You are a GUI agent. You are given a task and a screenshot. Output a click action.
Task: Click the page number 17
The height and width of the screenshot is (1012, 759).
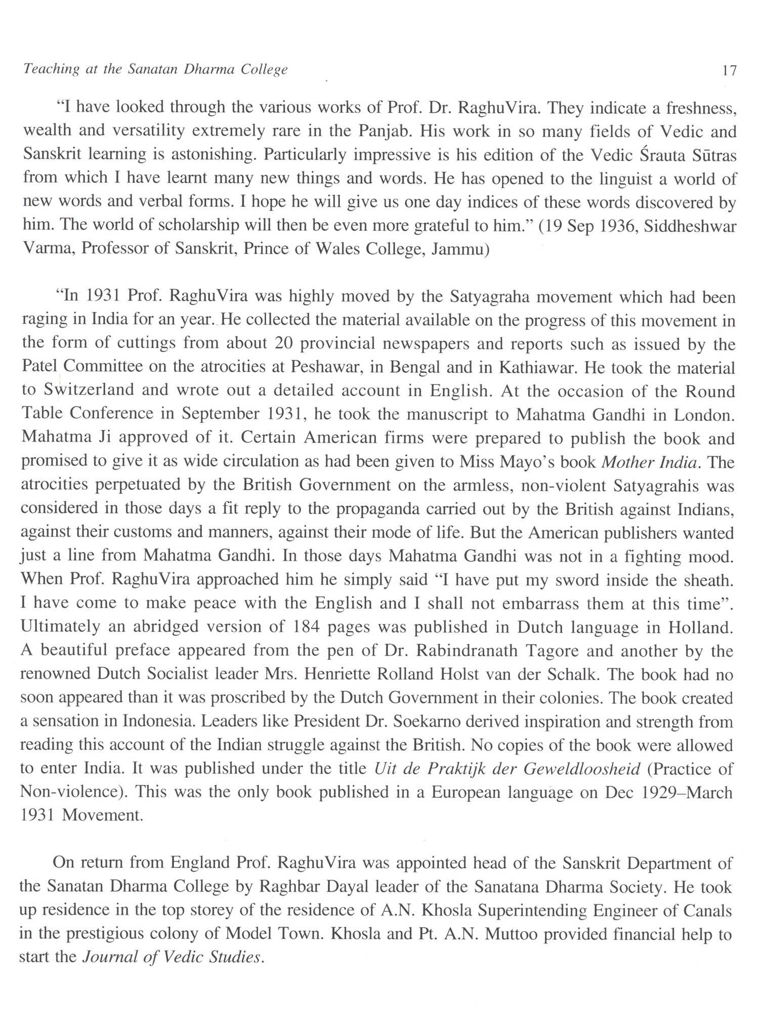pos(729,70)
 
